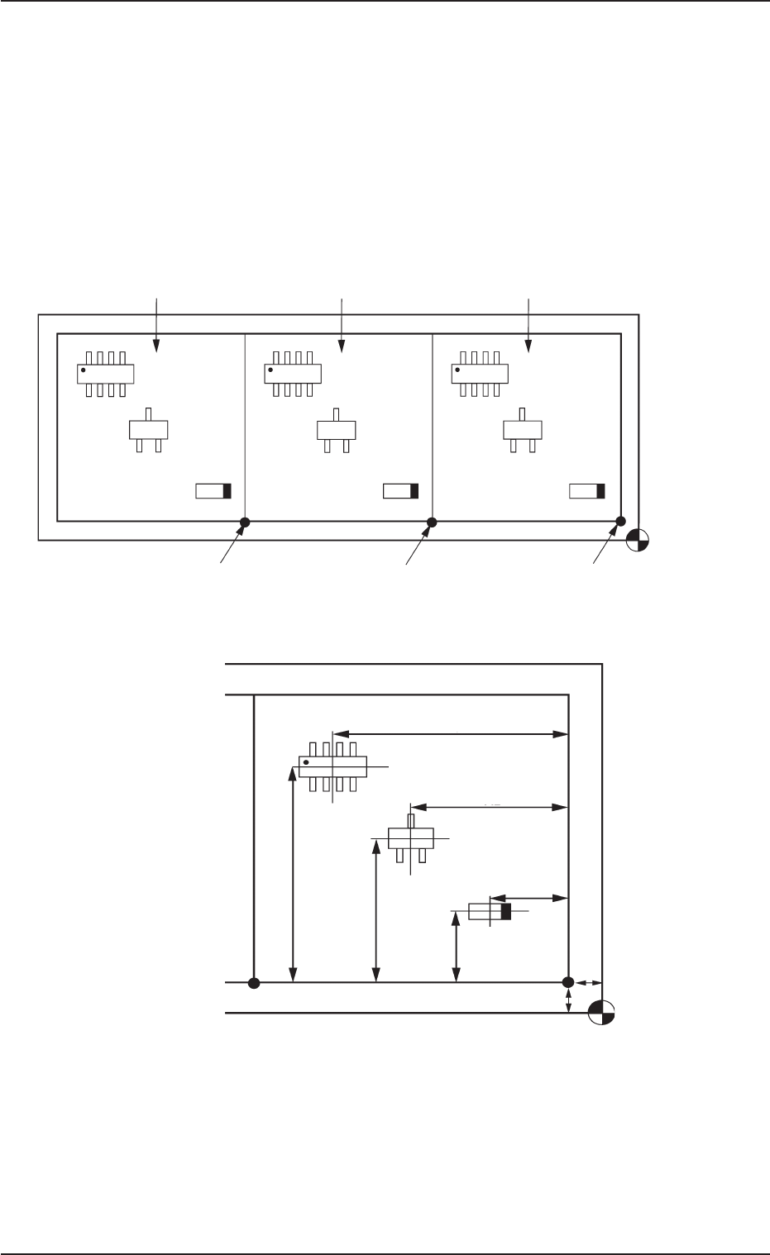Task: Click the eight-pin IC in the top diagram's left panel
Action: point(106,374)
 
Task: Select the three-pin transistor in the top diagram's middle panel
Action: point(336,431)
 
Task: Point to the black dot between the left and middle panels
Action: point(245,522)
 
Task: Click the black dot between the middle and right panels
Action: point(431,522)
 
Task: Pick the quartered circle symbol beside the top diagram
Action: point(638,539)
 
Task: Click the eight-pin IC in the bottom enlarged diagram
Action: point(332,766)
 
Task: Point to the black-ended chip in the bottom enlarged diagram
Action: point(490,912)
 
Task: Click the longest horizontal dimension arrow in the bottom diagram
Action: point(450,733)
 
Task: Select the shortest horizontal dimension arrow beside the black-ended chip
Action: point(528,897)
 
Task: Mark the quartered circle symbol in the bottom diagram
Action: point(601,1012)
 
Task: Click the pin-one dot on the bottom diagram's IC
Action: point(307,761)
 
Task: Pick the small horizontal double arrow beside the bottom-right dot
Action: point(586,983)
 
